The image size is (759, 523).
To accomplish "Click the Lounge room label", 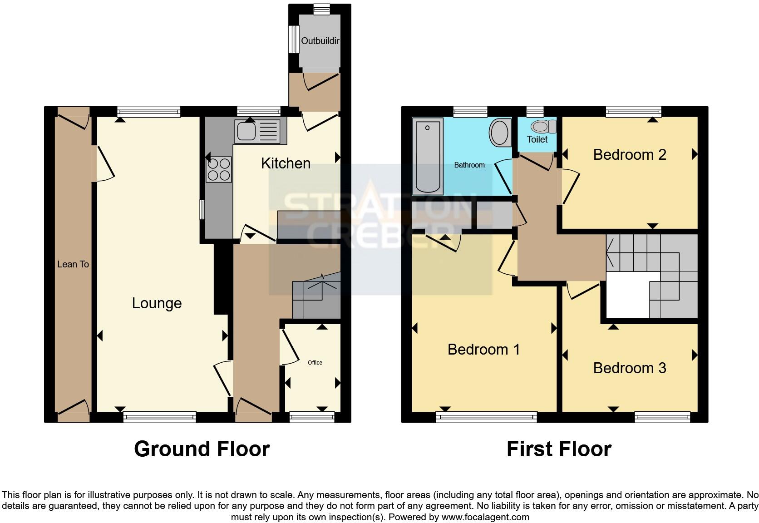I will [157, 303].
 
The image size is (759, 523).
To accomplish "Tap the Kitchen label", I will [286, 163].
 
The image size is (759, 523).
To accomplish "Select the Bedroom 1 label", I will [483, 350].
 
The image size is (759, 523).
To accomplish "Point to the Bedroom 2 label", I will [629, 155].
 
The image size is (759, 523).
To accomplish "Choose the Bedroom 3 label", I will [629, 368].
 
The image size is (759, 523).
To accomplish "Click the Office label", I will [315, 363].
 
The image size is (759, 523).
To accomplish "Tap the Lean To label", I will [73, 264].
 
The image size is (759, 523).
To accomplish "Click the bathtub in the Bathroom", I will [428, 157].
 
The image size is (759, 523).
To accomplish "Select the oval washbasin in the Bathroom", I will [500, 132].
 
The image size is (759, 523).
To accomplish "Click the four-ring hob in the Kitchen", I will [219, 169].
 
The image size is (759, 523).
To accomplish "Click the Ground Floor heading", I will [202, 449].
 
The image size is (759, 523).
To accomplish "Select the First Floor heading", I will [559, 449].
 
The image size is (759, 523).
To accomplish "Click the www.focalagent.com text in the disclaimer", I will [485, 517].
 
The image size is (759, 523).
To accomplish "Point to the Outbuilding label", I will [320, 41].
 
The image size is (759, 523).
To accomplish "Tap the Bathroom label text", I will [469, 165].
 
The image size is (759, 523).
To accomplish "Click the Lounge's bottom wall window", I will [159, 416].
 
